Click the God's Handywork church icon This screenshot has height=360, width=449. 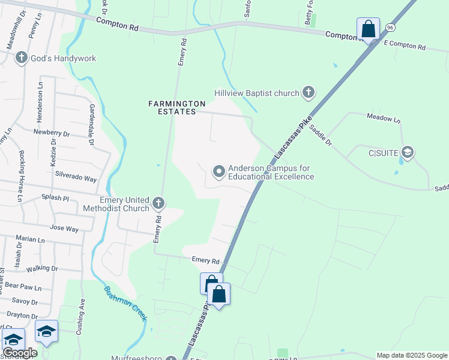coord(22,58)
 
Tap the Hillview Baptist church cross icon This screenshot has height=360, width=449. coord(308,92)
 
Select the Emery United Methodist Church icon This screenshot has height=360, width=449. coord(158,203)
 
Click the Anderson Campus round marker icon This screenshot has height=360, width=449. coord(219,172)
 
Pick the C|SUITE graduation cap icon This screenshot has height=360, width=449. coord(408,152)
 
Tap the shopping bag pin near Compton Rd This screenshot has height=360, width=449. coord(368,29)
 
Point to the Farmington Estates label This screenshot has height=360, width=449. coord(172,107)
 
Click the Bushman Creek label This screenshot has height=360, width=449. coord(125,303)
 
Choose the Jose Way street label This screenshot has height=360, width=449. coord(64,229)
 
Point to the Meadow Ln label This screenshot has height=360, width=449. coord(383,119)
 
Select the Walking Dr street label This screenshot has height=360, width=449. coord(41,268)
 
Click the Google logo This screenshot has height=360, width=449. coord(20,353)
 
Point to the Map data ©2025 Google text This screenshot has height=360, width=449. coord(411,355)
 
